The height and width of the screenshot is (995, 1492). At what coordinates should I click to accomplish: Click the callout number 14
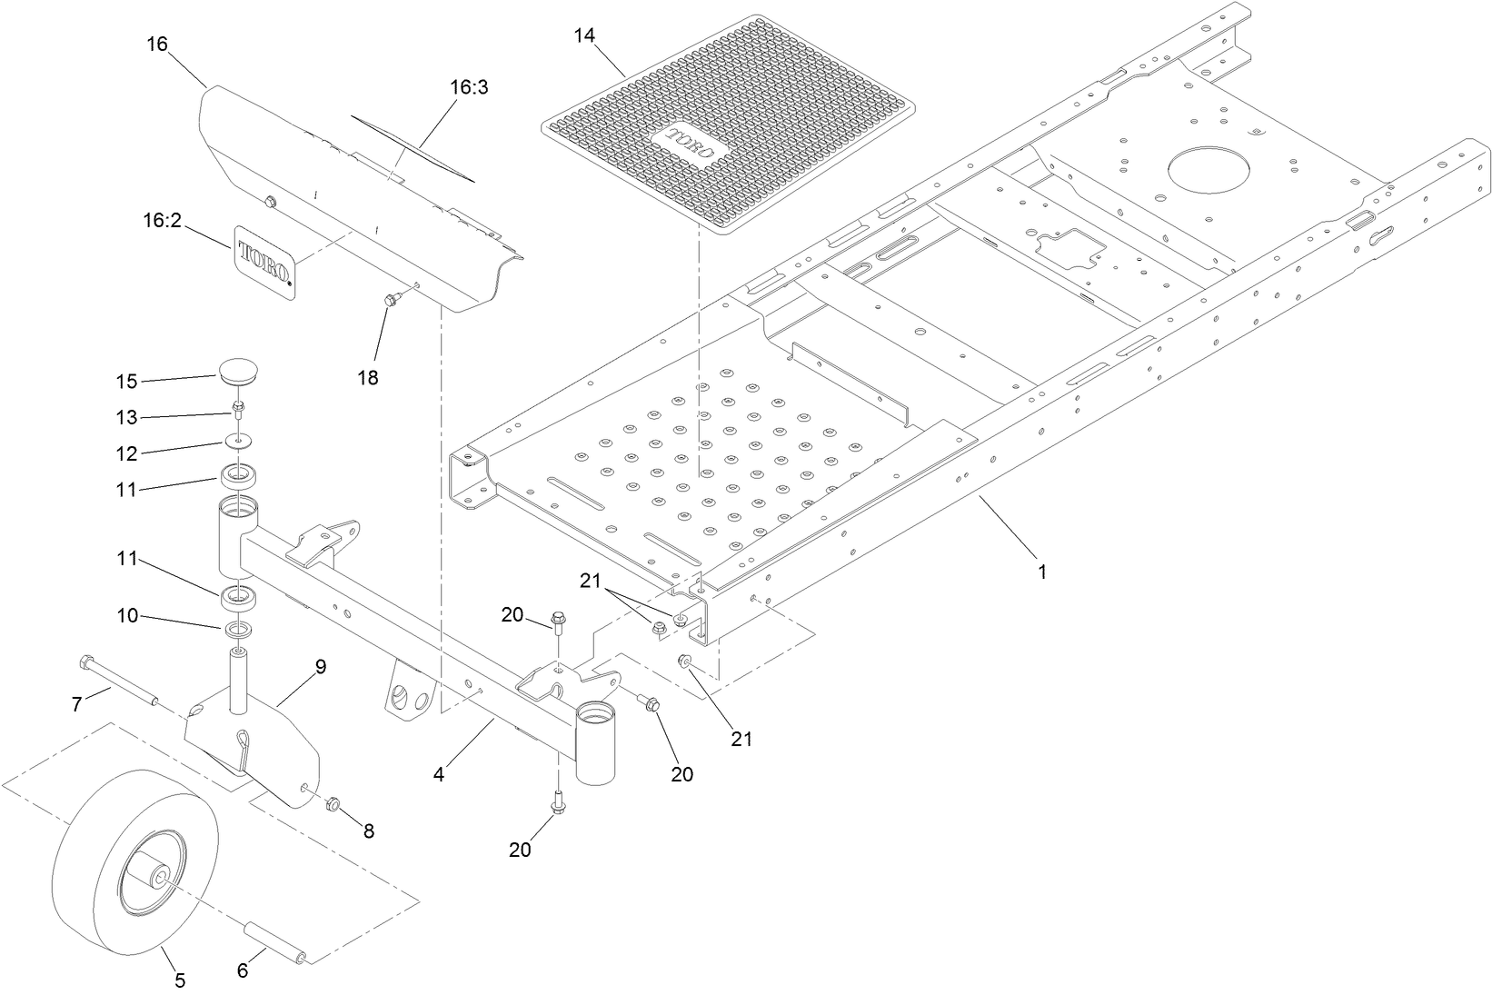tap(584, 35)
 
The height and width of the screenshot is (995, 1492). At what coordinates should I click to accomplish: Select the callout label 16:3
tap(469, 87)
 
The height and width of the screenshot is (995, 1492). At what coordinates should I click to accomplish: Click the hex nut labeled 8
tap(333, 804)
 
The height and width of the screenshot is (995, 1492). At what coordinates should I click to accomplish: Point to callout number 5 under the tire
tap(180, 980)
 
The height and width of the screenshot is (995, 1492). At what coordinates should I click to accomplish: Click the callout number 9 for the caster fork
tap(320, 666)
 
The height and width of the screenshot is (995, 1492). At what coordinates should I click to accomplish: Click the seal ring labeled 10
tap(238, 629)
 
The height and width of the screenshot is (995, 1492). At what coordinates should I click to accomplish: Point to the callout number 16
tap(156, 44)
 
